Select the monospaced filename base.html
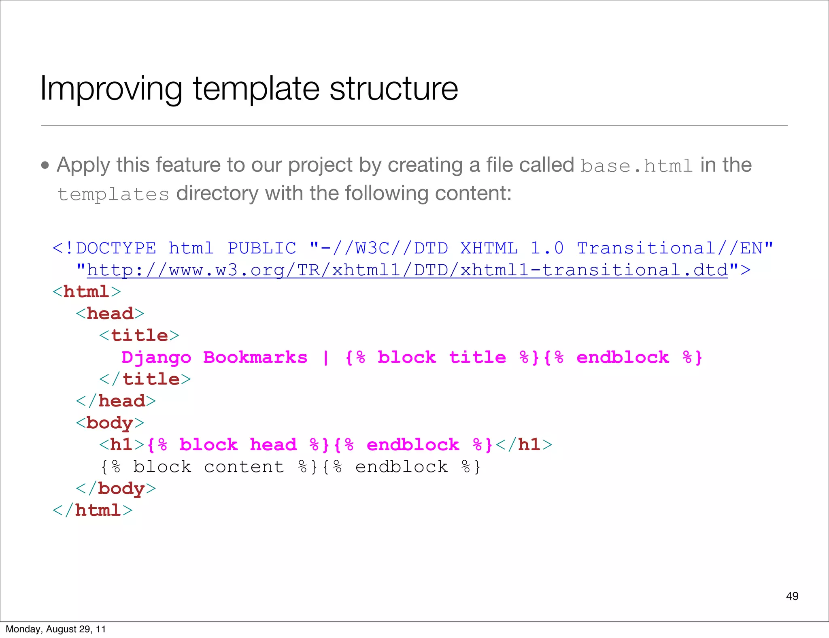coord(637,166)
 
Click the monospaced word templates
coord(113,195)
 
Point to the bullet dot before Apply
coord(45,165)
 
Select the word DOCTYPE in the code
coord(116,248)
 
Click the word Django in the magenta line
coord(156,357)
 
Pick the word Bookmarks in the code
coord(255,357)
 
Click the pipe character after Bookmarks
coord(326,357)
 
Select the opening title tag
coord(139,336)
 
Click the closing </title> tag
coord(145,379)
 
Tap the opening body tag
coord(110,423)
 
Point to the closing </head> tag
coord(116,401)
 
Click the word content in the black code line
coord(244,467)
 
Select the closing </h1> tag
coord(524,445)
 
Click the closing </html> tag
coord(93,510)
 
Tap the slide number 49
coord(792,596)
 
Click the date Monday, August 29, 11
coord(55,629)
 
